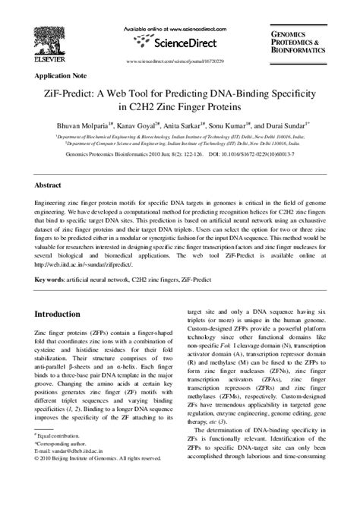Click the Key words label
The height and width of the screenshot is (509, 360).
pyautogui.click(x=49, y=280)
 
